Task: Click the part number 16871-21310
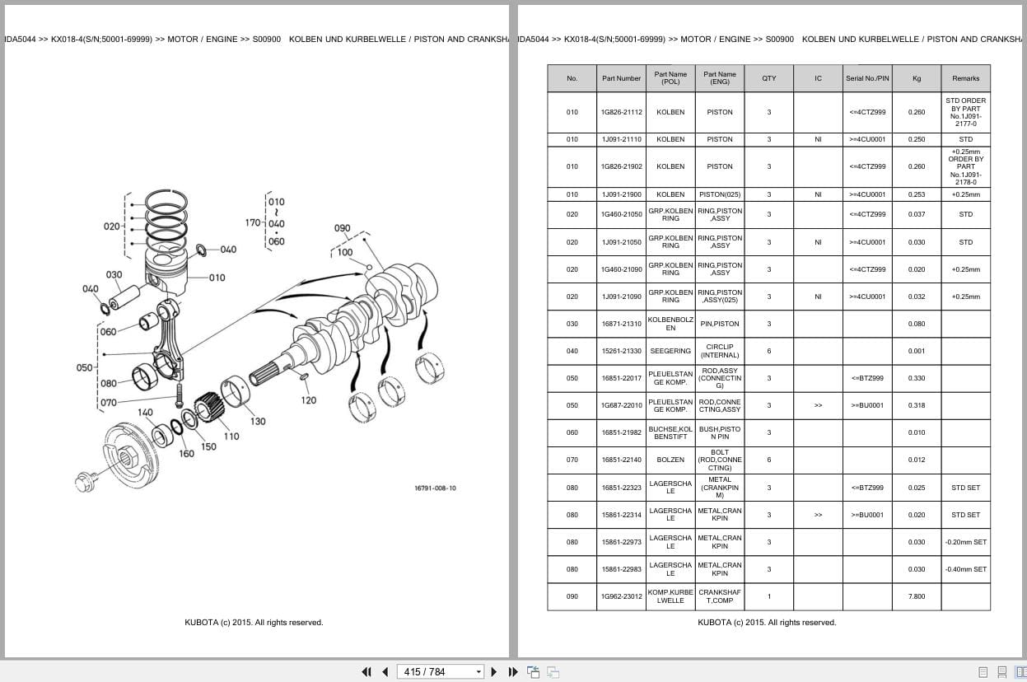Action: [621, 324]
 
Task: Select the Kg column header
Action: [916, 78]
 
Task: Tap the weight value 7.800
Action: [916, 596]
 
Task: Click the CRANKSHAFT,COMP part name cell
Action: [719, 596]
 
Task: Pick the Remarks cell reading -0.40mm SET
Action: [965, 569]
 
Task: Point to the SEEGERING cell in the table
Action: [670, 351]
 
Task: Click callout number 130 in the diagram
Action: [258, 421]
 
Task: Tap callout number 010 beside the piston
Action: [217, 278]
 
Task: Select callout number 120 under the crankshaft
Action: [308, 400]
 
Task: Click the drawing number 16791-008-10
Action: [435, 488]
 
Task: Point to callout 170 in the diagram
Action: [253, 222]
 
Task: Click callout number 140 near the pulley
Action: [145, 413]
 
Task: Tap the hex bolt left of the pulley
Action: [86, 481]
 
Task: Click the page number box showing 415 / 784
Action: [440, 671]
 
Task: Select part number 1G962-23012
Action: [621, 596]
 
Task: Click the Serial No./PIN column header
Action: [866, 78]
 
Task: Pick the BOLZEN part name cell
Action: [670, 460]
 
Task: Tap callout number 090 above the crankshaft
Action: [342, 228]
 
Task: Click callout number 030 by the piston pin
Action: [114, 274]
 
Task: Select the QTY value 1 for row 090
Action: [768, 596]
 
